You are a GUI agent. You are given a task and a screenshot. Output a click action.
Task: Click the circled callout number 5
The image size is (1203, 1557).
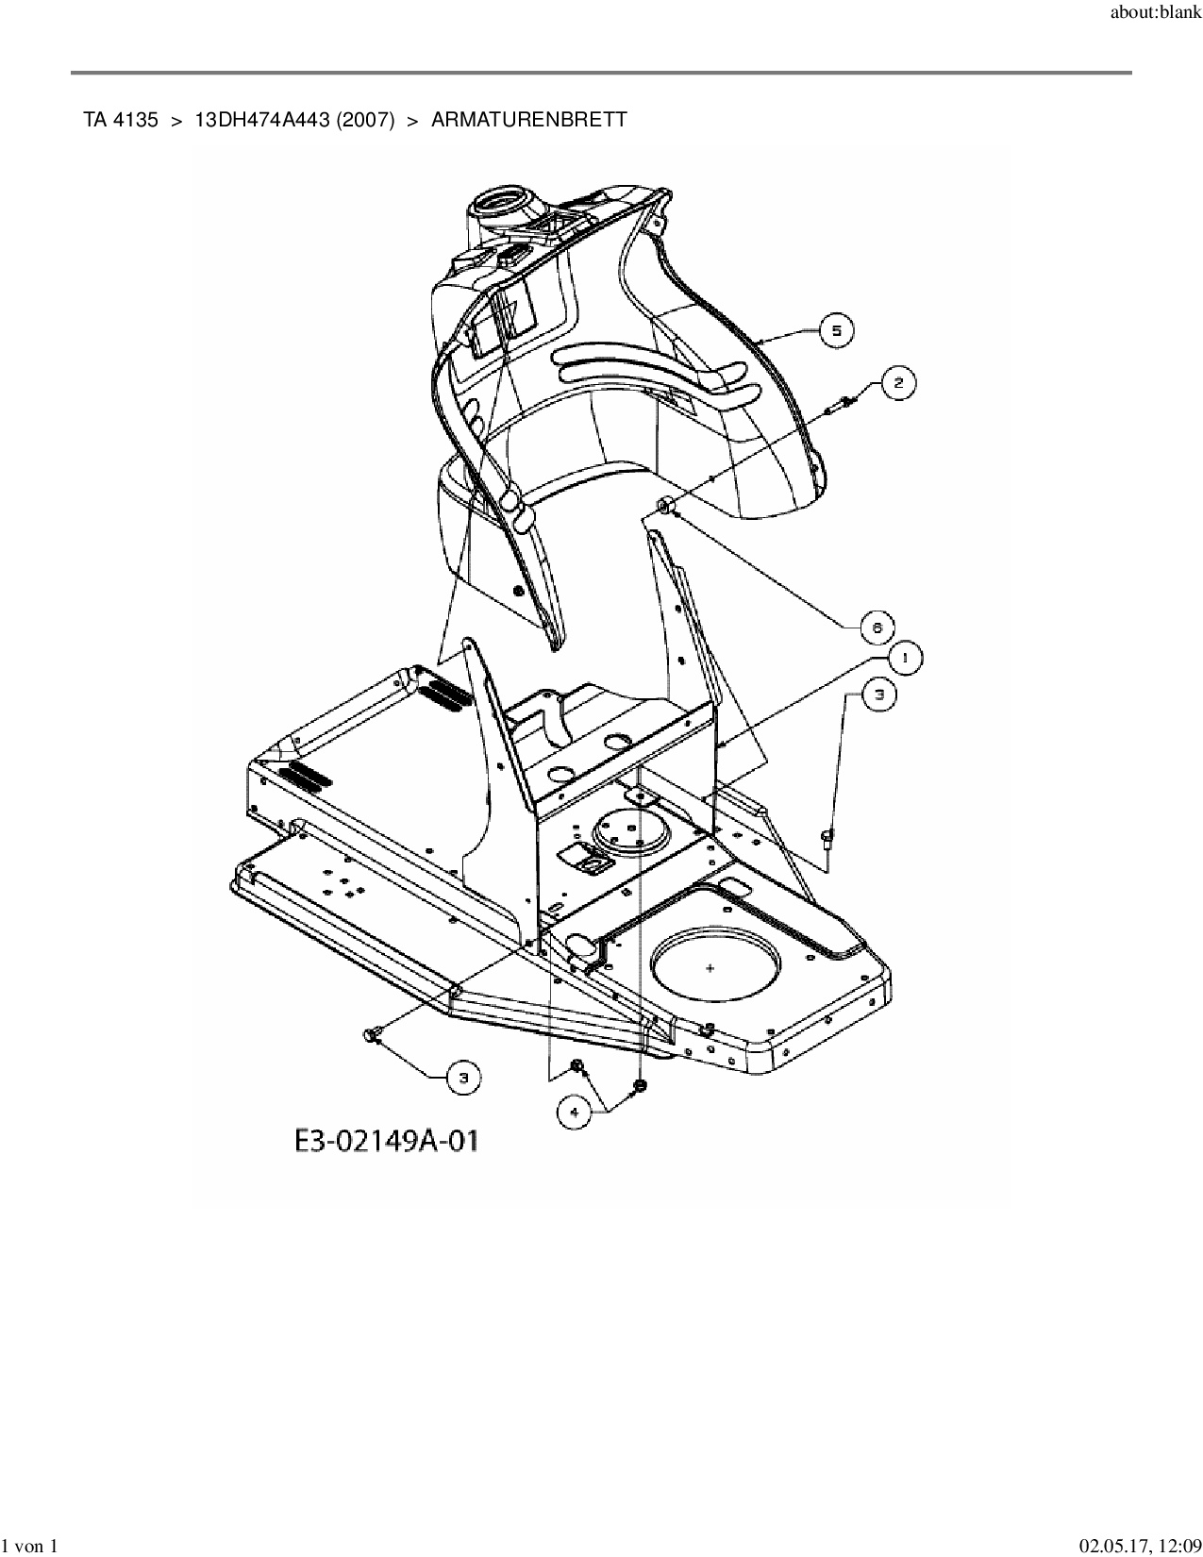836,330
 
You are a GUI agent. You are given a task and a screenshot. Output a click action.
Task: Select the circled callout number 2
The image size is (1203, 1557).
897,382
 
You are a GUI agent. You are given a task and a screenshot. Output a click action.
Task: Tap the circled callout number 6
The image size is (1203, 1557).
877,627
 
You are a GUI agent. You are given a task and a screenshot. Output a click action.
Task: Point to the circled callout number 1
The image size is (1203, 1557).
905,658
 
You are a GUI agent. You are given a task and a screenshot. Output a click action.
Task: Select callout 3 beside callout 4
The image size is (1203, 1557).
462,1078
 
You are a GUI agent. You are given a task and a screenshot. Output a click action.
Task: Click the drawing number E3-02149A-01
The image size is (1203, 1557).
387,1141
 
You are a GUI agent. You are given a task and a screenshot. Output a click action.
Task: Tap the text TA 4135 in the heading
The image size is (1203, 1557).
121,120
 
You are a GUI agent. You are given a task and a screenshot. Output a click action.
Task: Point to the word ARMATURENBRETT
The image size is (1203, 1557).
528,120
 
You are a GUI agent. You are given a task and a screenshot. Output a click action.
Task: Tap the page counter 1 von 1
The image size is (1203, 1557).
30,1545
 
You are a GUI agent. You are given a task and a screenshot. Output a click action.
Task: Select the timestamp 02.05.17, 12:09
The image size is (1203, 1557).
1140,1545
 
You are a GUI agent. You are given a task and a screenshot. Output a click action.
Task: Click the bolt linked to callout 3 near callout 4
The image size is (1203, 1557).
370,1036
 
